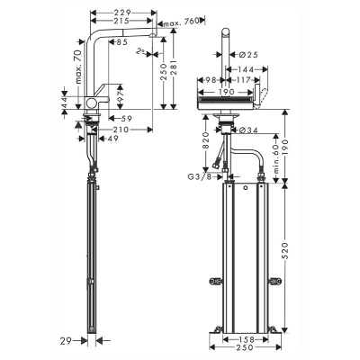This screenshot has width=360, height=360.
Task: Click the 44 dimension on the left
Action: (x=65, y=105)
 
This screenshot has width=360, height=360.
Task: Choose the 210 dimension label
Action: (x=121, y=129)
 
